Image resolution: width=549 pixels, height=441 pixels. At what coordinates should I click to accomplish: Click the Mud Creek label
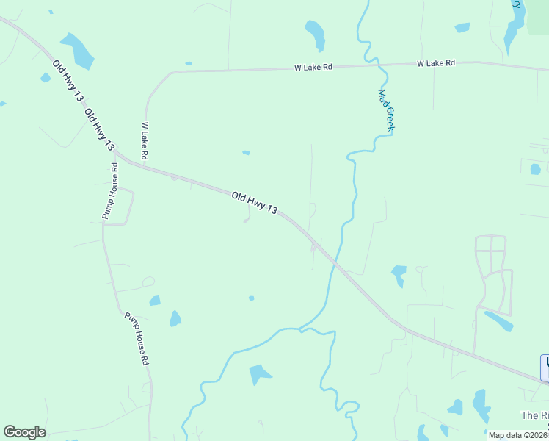pyautogui.click(x=387, y=110)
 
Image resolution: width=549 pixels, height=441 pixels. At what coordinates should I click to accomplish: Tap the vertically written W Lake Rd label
pyautogui.click(x=146, y=141)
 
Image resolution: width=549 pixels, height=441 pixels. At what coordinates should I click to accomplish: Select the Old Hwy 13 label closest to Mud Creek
pyautogui.click(x=254, y=203)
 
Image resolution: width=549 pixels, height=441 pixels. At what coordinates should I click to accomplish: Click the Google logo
pyautogui.click(x=24, y=432)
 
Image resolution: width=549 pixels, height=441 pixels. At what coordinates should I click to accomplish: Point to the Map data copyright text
pyautogui.click(x=518, y=435)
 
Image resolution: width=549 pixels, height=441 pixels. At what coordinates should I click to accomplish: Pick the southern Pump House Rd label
pyautogui.click(x=137, y=340)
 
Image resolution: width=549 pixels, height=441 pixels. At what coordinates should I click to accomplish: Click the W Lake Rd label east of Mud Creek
pyautogui.click(x=436, y=63)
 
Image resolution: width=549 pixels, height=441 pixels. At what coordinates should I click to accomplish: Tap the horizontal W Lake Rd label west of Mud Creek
pyautogui.click(x=313, y=67)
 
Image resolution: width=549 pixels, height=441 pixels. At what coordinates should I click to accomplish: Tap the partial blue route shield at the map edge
pyautogui.click(x=545, y=367)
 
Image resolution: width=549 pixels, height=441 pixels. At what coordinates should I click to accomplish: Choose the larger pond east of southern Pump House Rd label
pyautogui.click(x=175, y=318)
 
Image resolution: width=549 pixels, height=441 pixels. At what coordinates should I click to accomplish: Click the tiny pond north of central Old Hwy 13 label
pyautogui.click(x=246, y=153)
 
